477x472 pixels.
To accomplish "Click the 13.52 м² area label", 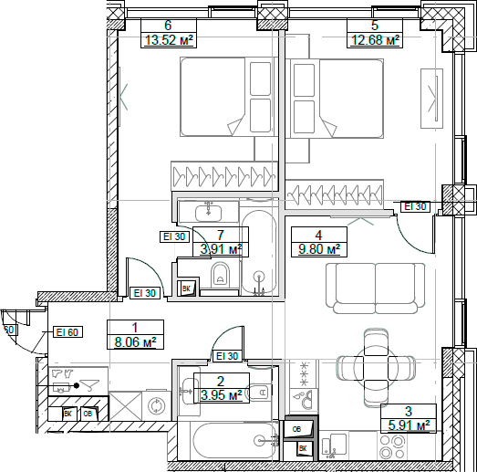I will pos(168,39).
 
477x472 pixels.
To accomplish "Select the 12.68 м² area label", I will pos(375,39).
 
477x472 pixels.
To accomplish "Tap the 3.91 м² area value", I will pos(221,248).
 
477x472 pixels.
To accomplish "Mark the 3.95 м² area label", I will pos(221,395).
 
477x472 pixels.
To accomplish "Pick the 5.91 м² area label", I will pos(408,425).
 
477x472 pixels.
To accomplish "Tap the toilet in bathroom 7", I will pos(218,277).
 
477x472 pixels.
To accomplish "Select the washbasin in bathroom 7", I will pos(210,212).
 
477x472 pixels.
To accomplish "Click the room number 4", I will pos(317,234).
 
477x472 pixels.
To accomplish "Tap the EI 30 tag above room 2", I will pos(226,357).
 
